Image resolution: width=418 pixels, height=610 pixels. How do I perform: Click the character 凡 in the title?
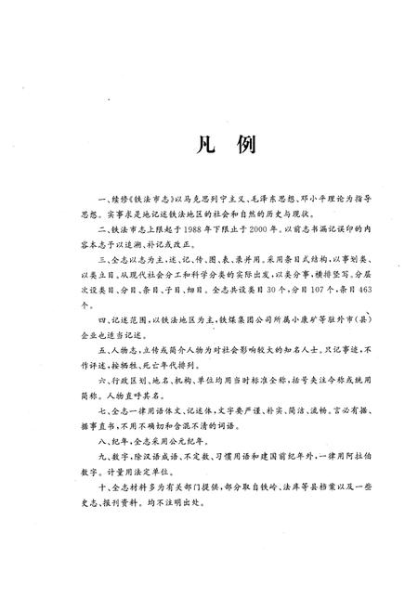pos(190,146)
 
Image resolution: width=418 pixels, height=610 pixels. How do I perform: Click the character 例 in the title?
pos(229,146)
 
